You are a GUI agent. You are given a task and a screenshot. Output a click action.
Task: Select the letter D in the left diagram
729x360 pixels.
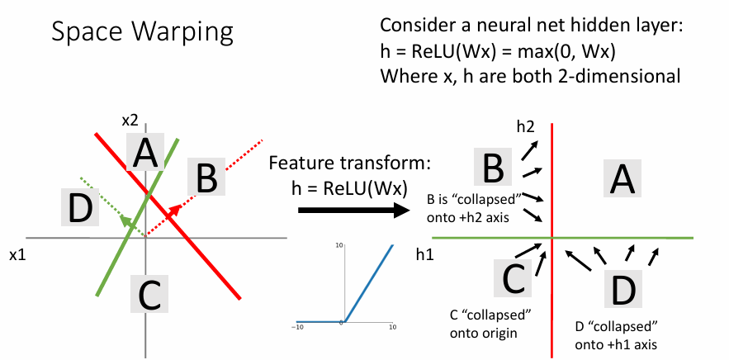point(78,207)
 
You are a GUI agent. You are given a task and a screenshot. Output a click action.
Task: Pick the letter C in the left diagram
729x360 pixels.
point(149,294)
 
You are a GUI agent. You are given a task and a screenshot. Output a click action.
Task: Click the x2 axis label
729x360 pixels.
point(130,121)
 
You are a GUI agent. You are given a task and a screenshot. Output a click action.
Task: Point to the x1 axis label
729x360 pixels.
point(17,255)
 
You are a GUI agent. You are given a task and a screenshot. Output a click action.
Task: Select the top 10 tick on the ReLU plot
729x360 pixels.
point(338,247)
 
